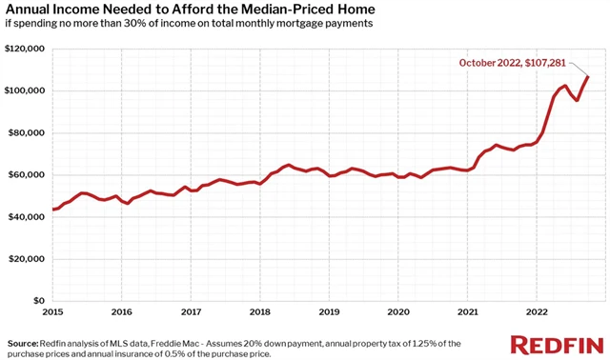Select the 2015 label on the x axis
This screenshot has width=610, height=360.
click(x=52, y=311)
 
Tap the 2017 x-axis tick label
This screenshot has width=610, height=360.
click(x=191, y=311)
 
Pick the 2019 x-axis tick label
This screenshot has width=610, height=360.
click(x=329, y=311)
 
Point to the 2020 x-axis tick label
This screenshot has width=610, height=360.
click(x=398, y=311)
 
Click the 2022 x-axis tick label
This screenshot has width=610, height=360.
click(x=537, y=311)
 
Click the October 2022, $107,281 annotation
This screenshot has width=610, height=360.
click(x=513, y=63)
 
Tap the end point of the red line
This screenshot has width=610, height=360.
click(x=588, y=76)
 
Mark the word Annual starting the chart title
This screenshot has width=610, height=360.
click(x=30, y=10)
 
